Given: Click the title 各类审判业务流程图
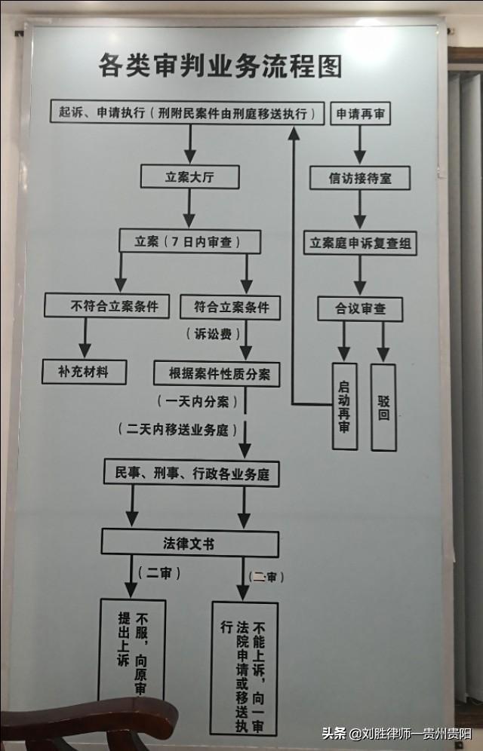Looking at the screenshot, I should [220, 66].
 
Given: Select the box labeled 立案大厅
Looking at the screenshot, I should [189, 176].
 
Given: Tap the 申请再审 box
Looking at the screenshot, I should [360, 114].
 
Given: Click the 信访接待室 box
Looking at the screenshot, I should [360, 178].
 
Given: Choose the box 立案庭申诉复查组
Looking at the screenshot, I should [360, 244].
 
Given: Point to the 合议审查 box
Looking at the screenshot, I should [360, 308].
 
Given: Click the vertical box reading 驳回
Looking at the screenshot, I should [383, 407].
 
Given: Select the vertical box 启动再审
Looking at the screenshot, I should [344, 407].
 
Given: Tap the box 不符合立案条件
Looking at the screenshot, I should [106, 306].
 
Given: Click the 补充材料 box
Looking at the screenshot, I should [83, 372].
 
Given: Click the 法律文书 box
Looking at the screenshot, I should [189, 543].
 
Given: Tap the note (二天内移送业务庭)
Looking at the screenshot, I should [178, 430].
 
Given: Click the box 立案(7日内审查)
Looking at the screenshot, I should [189, 241].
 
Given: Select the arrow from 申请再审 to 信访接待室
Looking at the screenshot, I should [360, 145].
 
